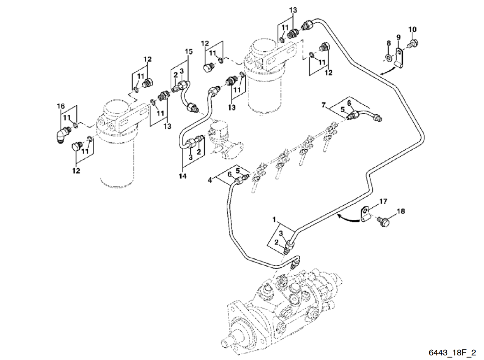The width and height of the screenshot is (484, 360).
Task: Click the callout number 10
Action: coord(413,29)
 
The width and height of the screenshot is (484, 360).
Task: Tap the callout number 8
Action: coord(388,44)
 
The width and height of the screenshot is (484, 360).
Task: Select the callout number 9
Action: coord(398,37)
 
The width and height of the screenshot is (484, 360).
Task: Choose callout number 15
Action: coord(189,52)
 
